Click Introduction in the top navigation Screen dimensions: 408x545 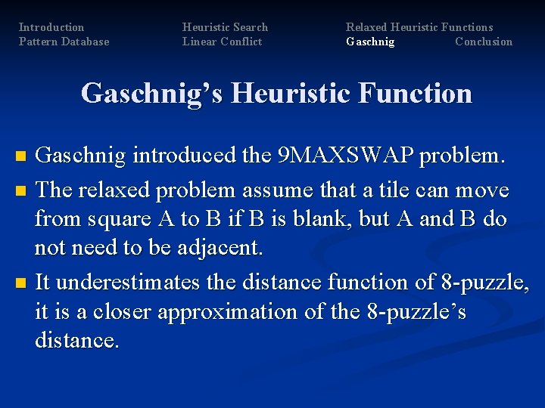[51, 27]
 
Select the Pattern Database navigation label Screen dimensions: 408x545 [64, 42]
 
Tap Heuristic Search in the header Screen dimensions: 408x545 [225, 27]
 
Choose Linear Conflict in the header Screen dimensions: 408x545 [222, 42]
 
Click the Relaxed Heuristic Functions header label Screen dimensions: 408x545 [419, 27]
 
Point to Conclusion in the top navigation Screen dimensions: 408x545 [484, 42]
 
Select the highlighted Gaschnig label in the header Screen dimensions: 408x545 [370, 42]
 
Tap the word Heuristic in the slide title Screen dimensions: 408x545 [288, 94]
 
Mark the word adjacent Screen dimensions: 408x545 [212, 249]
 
